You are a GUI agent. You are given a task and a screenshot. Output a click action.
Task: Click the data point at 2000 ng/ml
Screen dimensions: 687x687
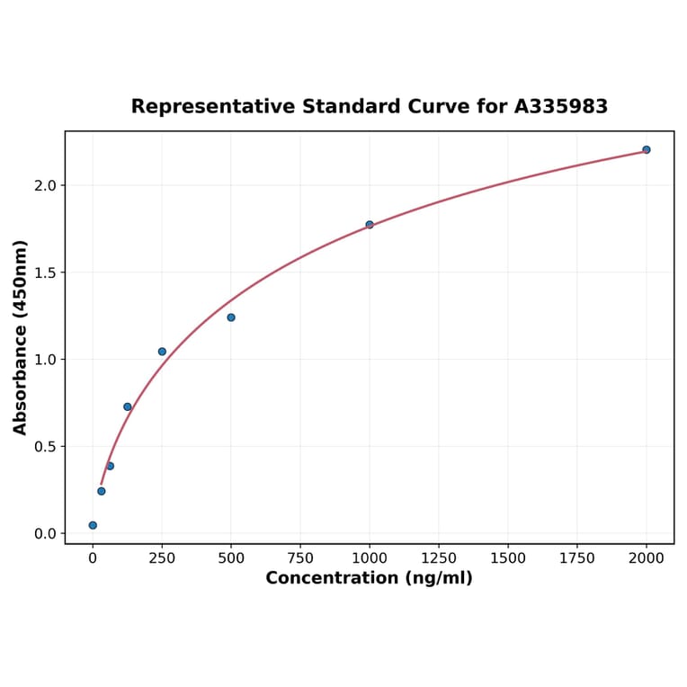[x=646, y=149]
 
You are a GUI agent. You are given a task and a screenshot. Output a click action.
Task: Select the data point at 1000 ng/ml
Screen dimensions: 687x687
[x=370, y=225]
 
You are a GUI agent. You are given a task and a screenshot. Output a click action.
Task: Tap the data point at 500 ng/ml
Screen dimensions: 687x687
[x=231, y=317]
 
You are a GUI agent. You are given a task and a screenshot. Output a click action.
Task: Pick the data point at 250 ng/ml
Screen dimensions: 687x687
[x=162, y=352]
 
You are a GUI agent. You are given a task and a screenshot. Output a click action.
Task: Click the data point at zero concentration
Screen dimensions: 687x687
[x=93, y=525]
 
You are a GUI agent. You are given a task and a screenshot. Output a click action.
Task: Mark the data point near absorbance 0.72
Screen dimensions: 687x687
[x=128, y=407]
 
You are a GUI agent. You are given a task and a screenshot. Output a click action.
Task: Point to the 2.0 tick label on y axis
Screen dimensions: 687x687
[x=45, y=185]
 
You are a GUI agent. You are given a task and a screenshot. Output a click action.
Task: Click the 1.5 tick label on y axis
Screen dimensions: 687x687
[x=45, y=272]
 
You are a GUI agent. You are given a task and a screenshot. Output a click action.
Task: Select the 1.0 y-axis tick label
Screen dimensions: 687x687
[x=45, y=360]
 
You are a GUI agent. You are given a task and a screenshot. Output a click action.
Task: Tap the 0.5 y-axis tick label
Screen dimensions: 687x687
[x=45, y=447]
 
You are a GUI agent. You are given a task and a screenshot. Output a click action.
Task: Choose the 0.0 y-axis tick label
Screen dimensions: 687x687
[x=45, y=534]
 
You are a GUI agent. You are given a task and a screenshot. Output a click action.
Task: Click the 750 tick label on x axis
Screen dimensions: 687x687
[x=300, y=558]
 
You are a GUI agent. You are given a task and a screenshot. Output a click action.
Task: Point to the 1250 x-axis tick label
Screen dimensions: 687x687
[x=439, y=558]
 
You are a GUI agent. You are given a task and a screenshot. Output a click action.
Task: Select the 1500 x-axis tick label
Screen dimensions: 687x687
[x=508, y=558]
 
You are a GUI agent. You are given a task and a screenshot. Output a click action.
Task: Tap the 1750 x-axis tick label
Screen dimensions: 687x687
[x=577, y=558]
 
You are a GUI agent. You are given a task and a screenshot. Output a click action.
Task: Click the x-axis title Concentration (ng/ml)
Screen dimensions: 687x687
[x=369, y=578]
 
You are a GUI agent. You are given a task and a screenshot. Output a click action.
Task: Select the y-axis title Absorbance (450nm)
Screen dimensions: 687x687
[x=21, y=337]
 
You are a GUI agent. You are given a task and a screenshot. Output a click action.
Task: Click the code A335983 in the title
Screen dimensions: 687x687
[x=561, y=107]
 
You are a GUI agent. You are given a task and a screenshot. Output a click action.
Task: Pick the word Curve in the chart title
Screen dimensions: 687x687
[x=435, y=107]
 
